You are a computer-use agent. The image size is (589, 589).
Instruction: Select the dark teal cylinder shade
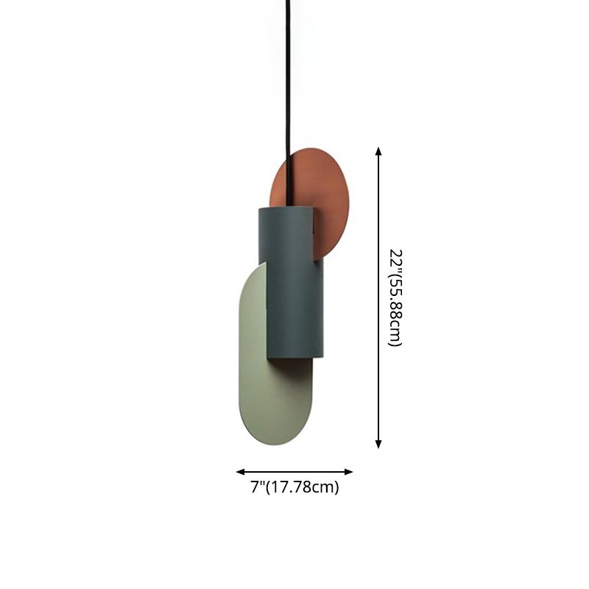[291, 287]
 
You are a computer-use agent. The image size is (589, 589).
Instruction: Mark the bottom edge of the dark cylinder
[293, 361]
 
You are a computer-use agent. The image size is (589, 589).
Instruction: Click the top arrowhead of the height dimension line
[378, 151]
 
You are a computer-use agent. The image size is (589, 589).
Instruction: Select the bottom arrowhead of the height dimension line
[378, 444]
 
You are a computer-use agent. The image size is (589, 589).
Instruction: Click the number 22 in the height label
[395, 260]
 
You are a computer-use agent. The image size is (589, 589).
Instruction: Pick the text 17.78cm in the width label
[303, 487]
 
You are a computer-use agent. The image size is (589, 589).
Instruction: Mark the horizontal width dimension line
[294, 472]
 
